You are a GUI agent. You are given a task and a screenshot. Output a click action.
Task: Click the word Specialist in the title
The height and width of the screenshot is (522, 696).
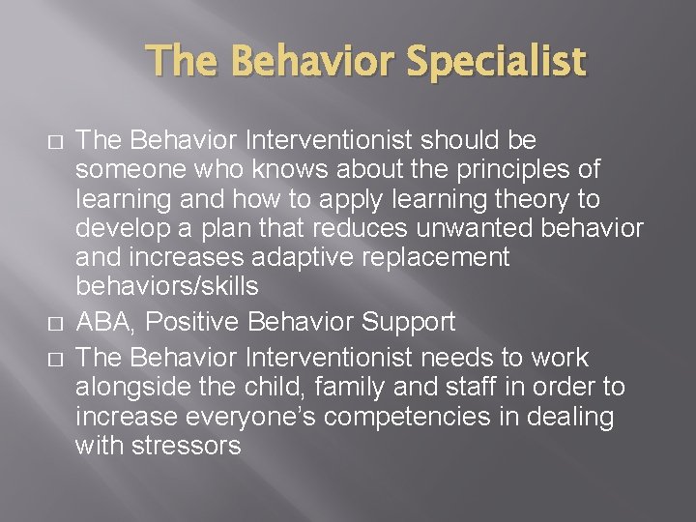(x=495, y=62)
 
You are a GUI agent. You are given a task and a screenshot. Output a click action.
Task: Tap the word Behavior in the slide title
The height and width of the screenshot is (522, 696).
(x=311, y=62)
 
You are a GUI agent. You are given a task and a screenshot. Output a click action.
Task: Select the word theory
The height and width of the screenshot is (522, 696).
(x=531, y=198)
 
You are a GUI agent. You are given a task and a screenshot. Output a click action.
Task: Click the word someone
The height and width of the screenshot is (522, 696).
(x=125, y=169)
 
